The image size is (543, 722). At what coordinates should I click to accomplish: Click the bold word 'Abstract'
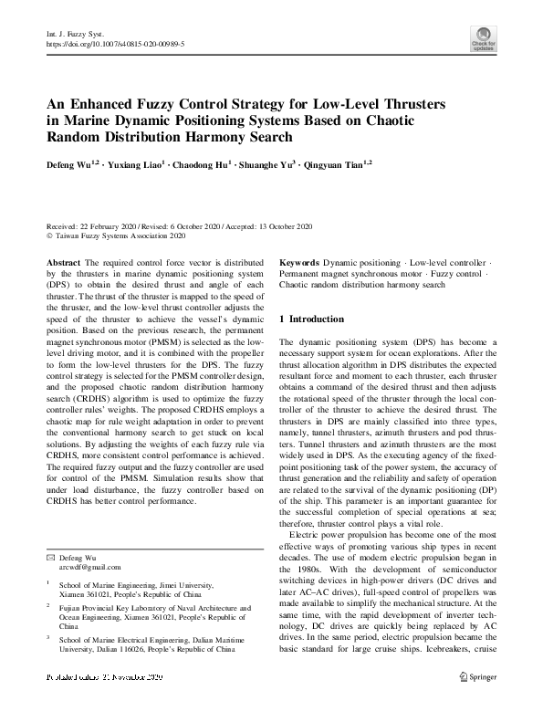[63, 262]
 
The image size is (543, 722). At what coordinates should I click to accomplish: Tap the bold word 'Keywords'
[298, 262]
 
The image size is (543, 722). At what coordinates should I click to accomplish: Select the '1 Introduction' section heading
[311, 319]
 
